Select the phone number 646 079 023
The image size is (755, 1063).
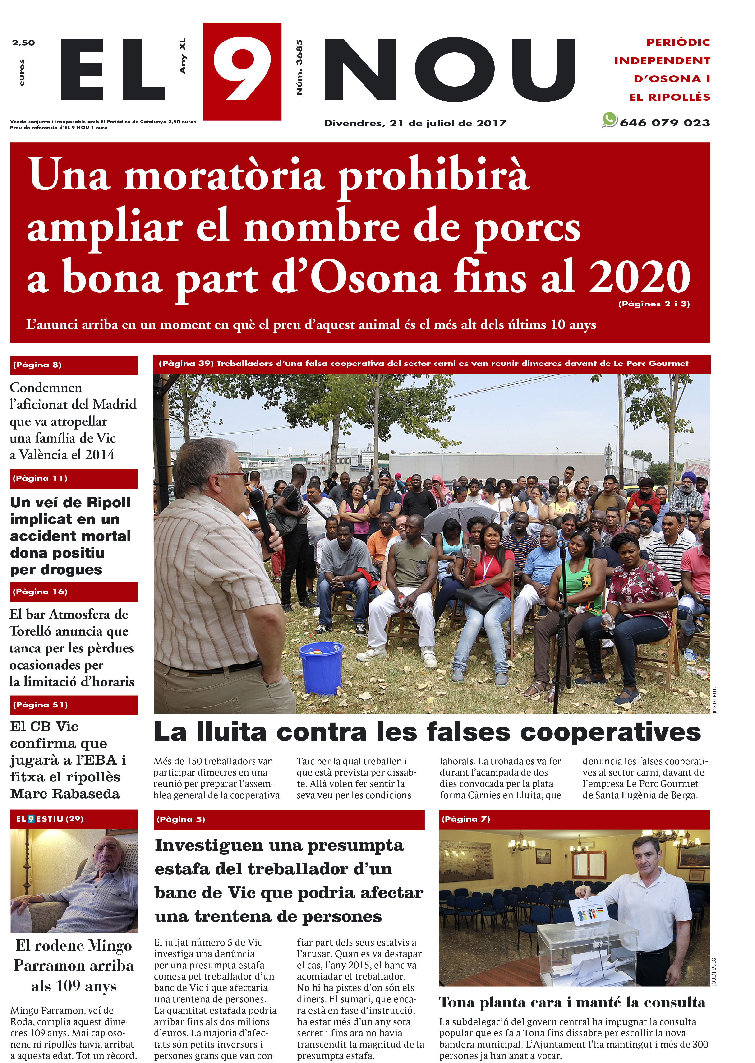665,123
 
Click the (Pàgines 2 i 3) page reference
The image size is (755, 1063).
654,304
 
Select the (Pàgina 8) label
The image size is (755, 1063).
37,365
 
